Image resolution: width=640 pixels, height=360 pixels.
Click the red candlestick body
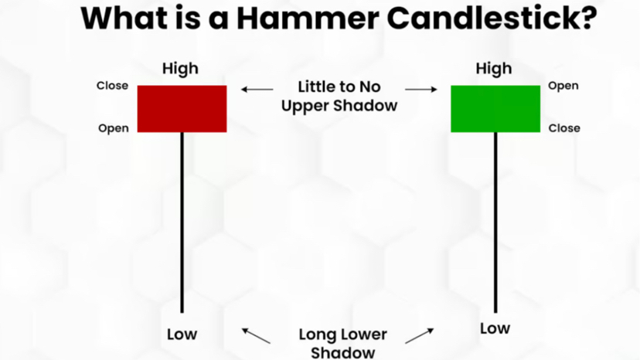pyautogui.click(x=182, y=108)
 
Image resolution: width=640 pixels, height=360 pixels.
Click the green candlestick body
pyautogui.click(x=495, y=108)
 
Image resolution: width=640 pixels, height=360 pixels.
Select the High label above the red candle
pyautogui.click(x=180, y=69)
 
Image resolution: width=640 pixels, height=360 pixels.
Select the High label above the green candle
pyautogui.click(x=494, y=69)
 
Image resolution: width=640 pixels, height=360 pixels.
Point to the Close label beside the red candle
pyautogui.click(x=112, y=86)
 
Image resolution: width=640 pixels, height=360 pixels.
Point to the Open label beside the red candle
pyautogui.click(x=113, y=128)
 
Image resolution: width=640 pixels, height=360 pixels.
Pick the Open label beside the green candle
pyautogui.click(x=563, y=86)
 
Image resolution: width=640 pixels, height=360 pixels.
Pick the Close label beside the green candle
pyautogui.click(x=564, y=128)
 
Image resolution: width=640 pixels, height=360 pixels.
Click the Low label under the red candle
pyautogui.click(x=182, y=335)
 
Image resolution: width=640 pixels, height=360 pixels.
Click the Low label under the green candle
pyautogui.click(x=495, y=328)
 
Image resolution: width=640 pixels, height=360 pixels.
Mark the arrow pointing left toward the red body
pyautogui.click(x=257, y=90)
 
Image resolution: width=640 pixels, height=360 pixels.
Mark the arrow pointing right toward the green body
pyautogui.click(x=421, y=90)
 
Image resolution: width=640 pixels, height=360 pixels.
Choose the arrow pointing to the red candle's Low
pyautogui.click(x=256, y=335)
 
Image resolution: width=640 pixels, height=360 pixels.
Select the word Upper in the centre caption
pyautogui.click(x=305, y=105)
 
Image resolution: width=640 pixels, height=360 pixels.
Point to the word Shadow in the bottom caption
pyautogui.click(x=342, y=353)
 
